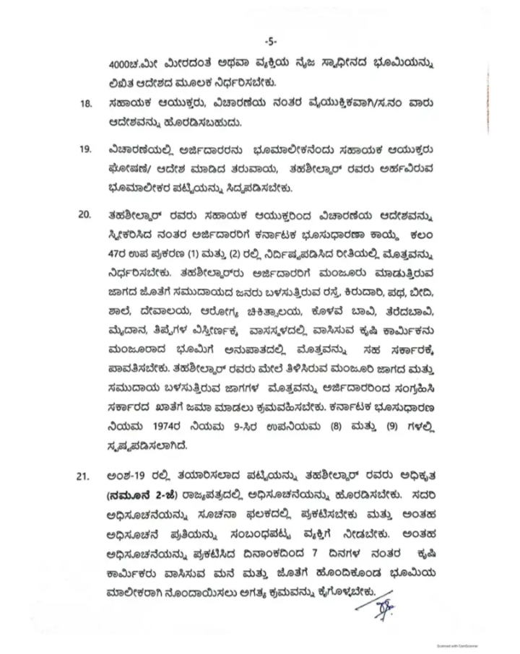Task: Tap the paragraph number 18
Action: [x=86, y=104]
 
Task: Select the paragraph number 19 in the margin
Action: [x=86, y=151]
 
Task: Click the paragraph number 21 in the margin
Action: [x=86, y=476]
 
